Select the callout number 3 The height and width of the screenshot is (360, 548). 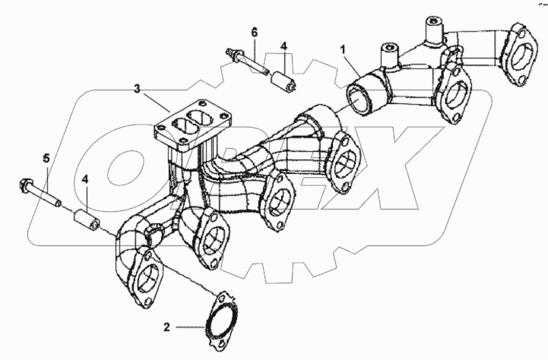coord(137,90)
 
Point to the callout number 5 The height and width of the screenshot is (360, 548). coord(46,159)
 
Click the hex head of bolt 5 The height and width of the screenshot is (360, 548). coord(24,185)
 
